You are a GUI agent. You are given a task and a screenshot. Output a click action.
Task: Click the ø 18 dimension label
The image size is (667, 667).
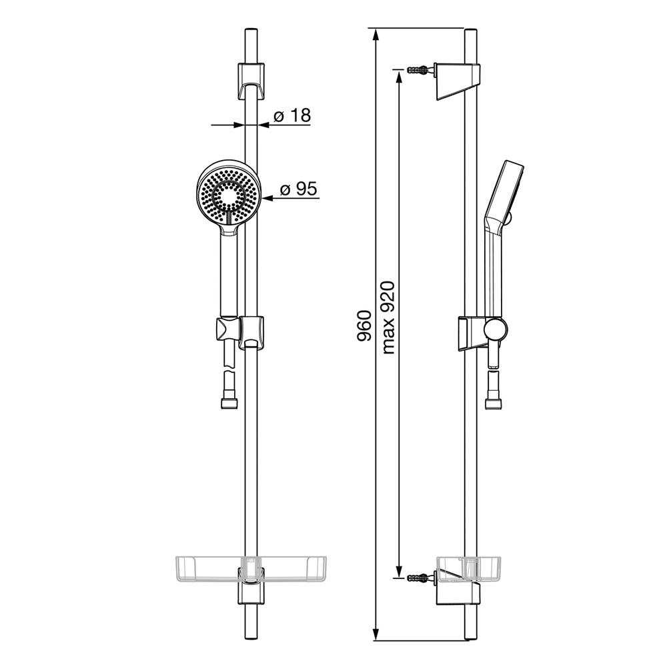pyautogui.click(x=292, y=115)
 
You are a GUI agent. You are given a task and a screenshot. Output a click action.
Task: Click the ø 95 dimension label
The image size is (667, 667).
pyautogui.click(x=299, y=189)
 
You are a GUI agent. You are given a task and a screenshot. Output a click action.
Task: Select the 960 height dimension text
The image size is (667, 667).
pyautogui.click(x=364, y=326)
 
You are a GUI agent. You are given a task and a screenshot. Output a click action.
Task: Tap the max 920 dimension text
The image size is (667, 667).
pyautogui.click(x=388, y=317)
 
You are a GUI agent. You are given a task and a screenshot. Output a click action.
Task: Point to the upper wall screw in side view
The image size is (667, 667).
pyautogui.click(x=420, y=69)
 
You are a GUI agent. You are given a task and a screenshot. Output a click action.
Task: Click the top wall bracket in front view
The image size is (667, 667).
pyautogui.click(x=251, y=81)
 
